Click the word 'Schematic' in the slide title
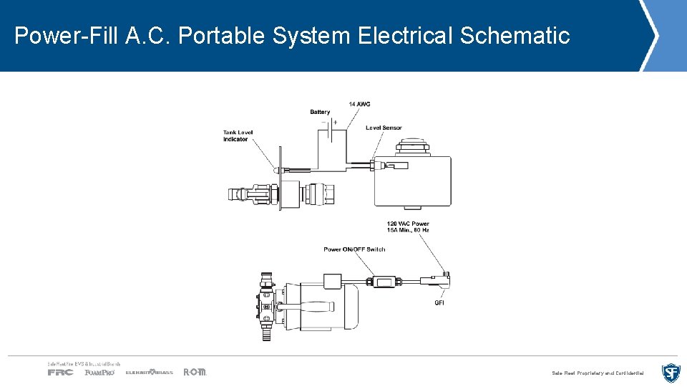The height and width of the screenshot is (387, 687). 515,35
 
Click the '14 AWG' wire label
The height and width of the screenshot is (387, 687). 359,105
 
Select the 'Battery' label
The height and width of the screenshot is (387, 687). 320,112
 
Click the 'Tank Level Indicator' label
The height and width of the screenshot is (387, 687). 238,135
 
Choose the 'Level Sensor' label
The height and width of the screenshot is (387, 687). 384,128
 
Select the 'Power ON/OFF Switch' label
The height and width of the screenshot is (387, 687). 354,249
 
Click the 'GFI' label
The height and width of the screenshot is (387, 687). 440,302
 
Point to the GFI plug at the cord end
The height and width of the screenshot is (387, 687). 434,281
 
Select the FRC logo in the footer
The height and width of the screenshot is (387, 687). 60,372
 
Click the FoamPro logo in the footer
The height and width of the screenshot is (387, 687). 99,372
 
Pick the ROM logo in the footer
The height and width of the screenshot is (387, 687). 195,372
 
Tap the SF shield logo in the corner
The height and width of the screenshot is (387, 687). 671,373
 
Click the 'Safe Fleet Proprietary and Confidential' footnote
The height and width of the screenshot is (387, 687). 598,373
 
